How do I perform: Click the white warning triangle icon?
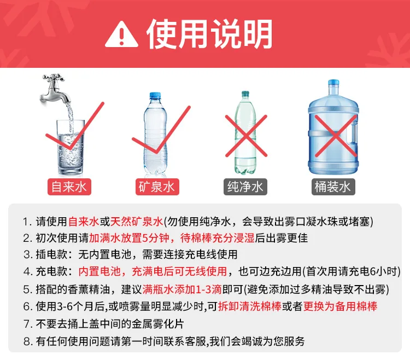tap(121, 35)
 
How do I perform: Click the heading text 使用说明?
tap(209, 34)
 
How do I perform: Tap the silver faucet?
tap(54, 89)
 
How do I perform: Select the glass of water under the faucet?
tap(71, 147)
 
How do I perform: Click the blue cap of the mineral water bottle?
tap(155, 96)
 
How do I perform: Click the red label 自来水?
tap(69, 187)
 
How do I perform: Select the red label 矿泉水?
tap(157, 187)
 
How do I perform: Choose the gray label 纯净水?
tap(245, 187)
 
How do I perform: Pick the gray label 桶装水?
tap(333, 187)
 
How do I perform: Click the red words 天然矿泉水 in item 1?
tap(137, 222)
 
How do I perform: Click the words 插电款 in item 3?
tap(51, 254)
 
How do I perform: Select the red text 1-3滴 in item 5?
tap(209, 289)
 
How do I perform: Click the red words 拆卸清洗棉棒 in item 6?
tap(250, 306)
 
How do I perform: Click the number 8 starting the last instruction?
tap(26, 341)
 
